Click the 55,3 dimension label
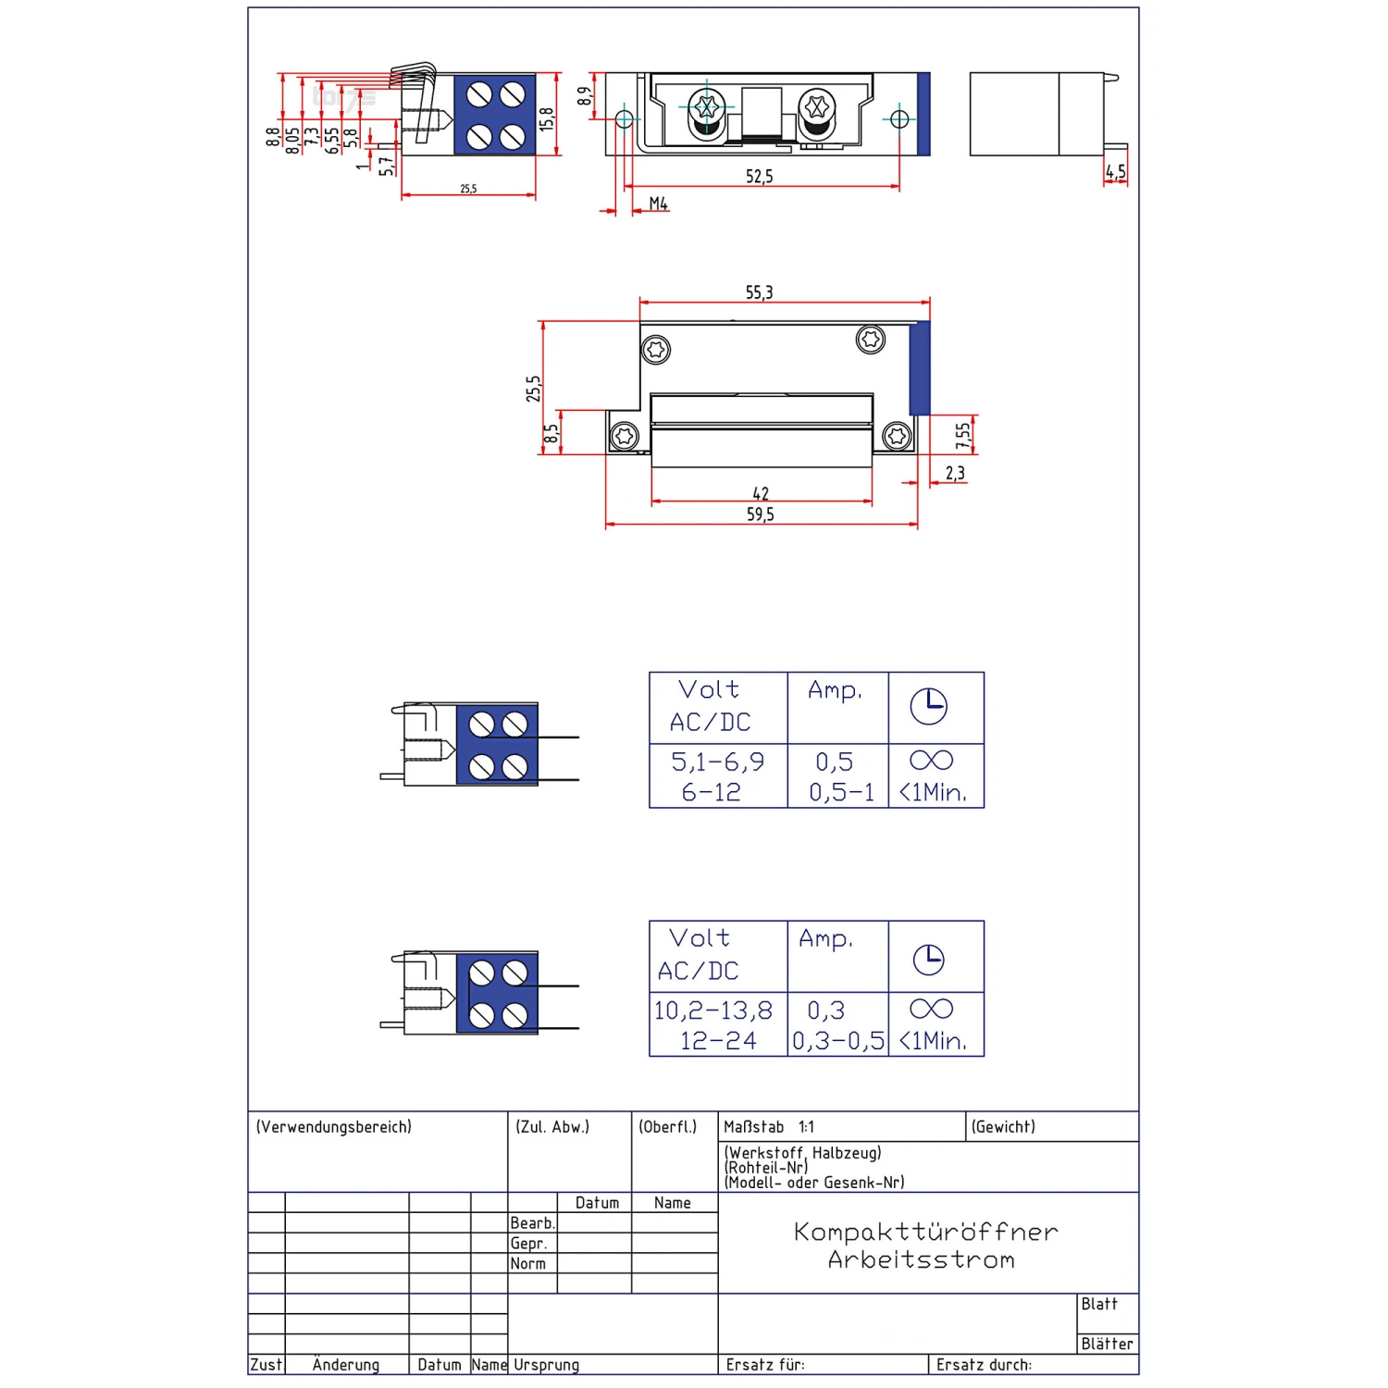pyautogui.click(x=759, y=292)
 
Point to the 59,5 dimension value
pyautogui.click(x=760, y=514)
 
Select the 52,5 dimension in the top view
pyautogui.click(x=759, y=176)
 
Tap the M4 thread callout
pyautogui.click(x=658, y=203)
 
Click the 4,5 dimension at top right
pyautogui.click(x=1115, y=171)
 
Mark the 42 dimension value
pyautogui.click(x=761, y=493)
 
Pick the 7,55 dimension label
pyautogui.click(x=962, y=435)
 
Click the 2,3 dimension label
pyautogui.click(x=955, y=473)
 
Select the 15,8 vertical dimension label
pyautogui.click(x=547, y=118)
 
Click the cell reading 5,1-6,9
pyautogui.click(x=717, y=762)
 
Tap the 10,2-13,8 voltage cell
pyautogui.click(x=713, y=1010)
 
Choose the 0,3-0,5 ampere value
pyautogui.click(x=837, y=1041)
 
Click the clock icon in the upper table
pyautogui.click(x=928, y=707)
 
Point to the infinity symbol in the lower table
pyautogui.click(x=931, y=1009)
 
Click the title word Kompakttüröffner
pyautogui.click(x=925, y=1232)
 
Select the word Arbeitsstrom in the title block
pyautogui.click(x=922, y=1259)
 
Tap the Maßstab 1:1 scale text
pyautogui.click(x=768, y=1127)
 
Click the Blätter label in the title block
pyautogui.click(x=1107, y=1344)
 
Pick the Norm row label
pyautogui.click(x=527, y=1264)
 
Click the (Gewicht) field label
pyautogui.click(x=1003, y=1127)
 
